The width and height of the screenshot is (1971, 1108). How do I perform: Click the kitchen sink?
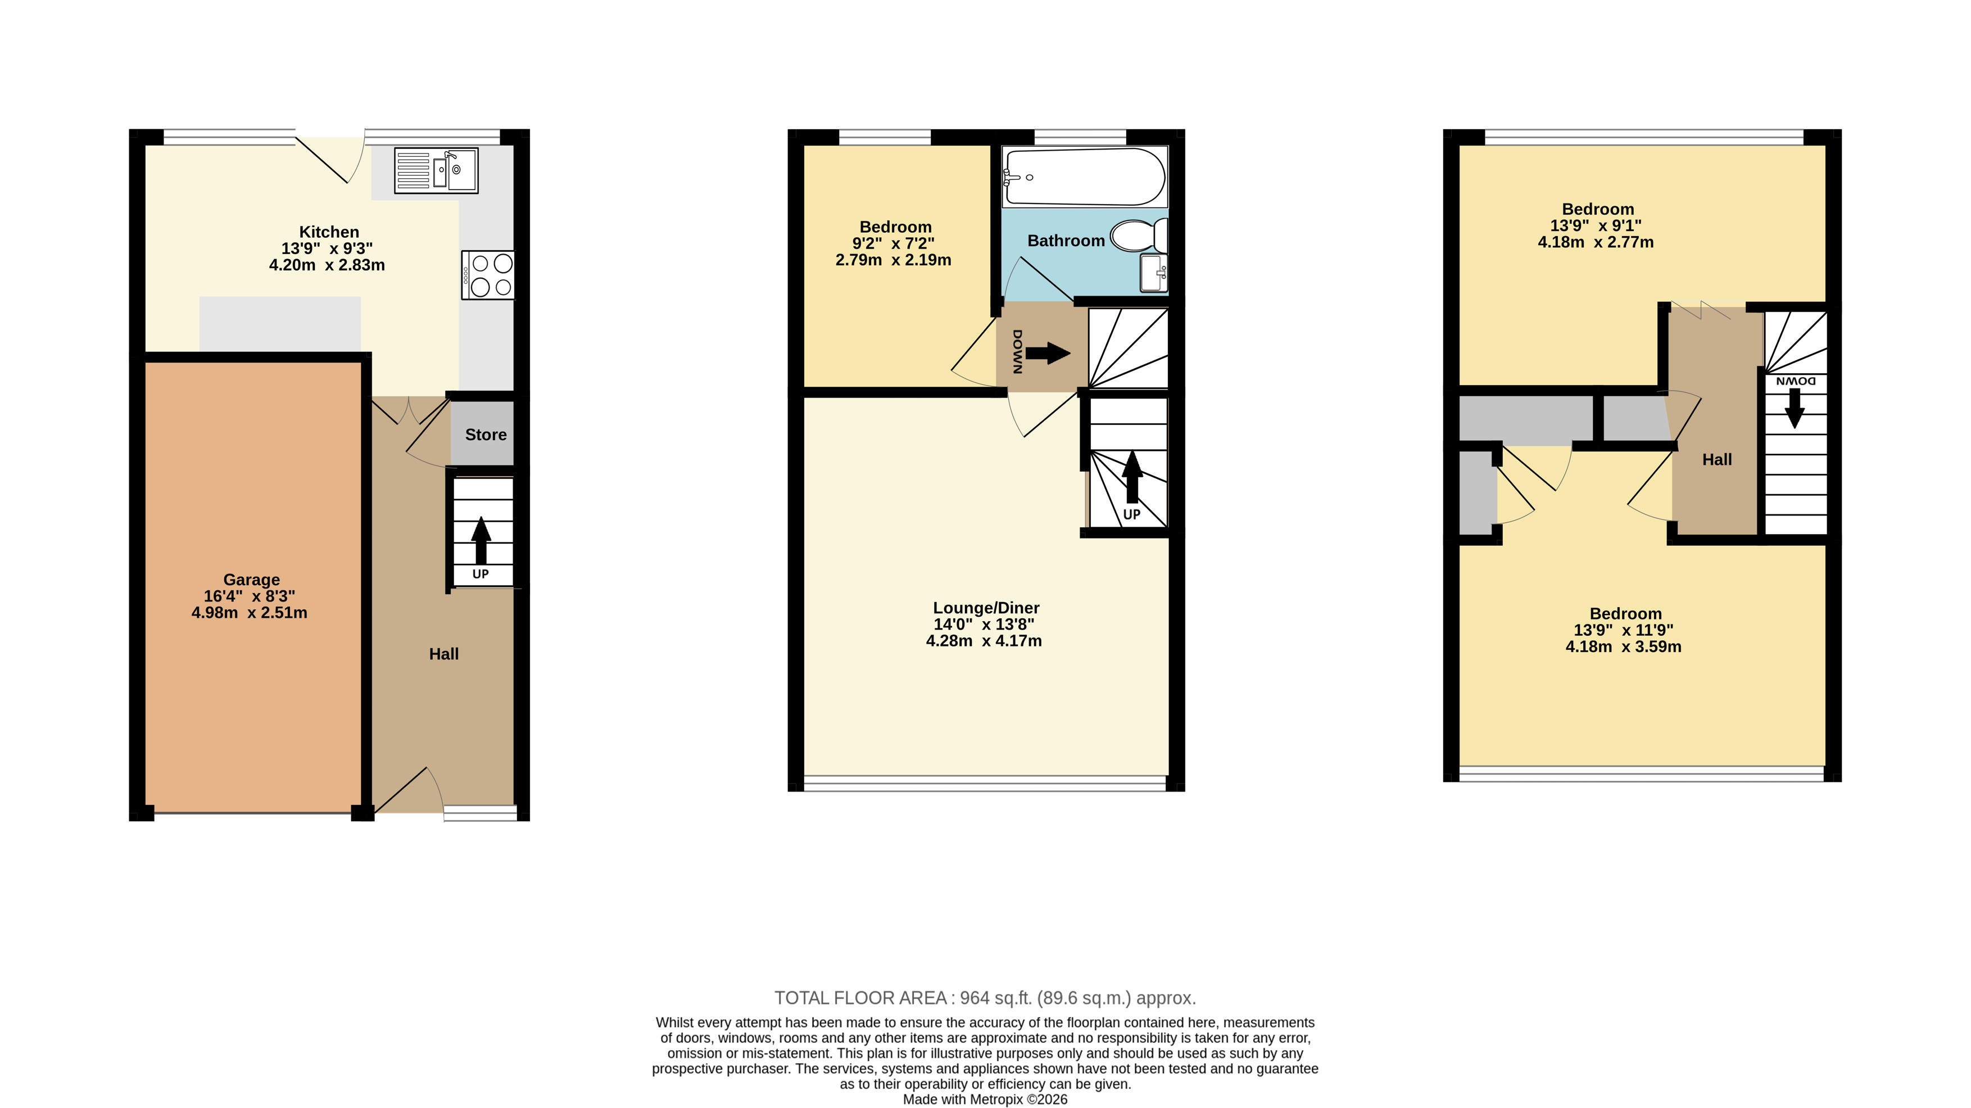coord(436,170)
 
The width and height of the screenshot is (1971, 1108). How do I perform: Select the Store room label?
coord(486,435)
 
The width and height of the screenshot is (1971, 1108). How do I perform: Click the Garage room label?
coord(252,579)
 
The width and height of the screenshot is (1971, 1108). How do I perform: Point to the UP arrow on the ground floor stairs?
coord(481,540)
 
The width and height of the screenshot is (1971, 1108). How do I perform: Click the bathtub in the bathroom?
coord(1085,177)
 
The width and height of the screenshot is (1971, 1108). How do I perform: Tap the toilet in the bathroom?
coord(1139,236)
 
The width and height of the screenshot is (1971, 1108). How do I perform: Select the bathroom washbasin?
coord(1154,273)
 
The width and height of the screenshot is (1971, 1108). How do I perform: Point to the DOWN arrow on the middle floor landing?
coord(1048,353)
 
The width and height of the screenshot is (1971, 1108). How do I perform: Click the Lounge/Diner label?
coord(986,608)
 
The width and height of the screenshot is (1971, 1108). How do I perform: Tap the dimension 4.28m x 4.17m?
coord(984,640)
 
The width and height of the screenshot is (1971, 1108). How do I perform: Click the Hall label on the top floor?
coord(1717,459)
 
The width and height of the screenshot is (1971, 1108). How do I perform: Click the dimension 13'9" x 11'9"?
coord(1624,630)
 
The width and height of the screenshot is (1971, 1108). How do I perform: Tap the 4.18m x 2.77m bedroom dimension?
coord(1596,242)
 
